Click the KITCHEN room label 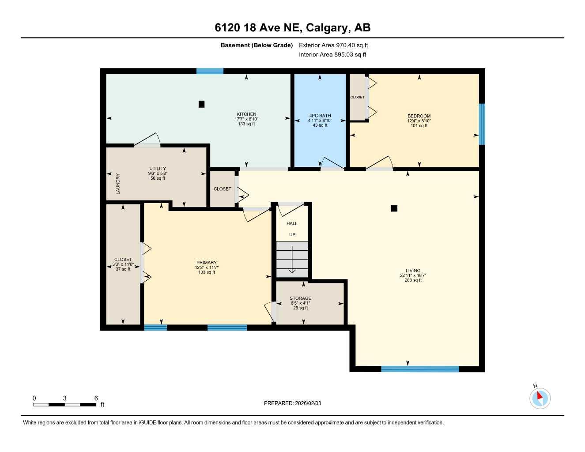point(246,114)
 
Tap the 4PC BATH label point(320,116)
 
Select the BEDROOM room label point(419,116)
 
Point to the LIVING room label point(413,271)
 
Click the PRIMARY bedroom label point(207,263)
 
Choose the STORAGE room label point(300,298)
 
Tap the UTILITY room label point(158,169)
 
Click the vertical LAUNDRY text point(118,184)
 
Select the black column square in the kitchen point(201,104)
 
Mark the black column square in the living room point(394,208)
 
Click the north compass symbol point(540,398)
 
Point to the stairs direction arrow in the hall point(292,260)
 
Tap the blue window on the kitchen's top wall point(210,71)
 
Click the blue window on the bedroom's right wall point(482,124)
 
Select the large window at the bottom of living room point(420,369)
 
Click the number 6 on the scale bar point(96,398)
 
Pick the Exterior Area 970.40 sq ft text point(333,45)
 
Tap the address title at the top point(292,28)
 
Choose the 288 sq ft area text point(413,280)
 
